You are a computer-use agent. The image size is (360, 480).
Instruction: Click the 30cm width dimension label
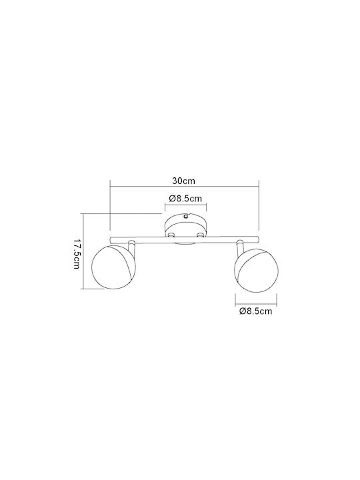point(183,181)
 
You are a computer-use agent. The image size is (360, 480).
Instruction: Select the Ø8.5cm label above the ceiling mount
point(185,199)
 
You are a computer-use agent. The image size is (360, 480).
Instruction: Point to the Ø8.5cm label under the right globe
point(255,311)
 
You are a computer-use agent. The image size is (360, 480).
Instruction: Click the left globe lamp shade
point(113,266)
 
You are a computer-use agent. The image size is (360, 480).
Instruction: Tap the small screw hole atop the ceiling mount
point(186,217)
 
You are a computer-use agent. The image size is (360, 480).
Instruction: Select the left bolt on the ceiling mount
point(171,235)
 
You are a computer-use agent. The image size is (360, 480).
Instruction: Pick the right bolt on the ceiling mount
point(201,235)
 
